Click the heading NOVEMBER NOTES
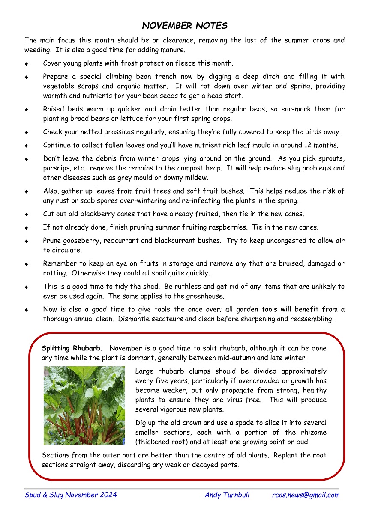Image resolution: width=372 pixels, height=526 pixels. point(185,26)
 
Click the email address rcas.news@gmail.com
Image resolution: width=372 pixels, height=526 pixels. point(306,495)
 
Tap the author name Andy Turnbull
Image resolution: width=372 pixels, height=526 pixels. point(227,495)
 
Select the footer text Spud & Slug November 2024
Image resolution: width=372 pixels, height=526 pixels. point(70,495)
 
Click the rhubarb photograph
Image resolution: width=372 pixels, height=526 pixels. point(84,405)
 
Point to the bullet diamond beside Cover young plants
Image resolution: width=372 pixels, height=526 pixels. point(27,64)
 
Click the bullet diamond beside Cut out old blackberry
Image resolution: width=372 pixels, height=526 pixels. point(27,214)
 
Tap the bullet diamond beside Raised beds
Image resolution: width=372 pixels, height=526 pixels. point(27,109)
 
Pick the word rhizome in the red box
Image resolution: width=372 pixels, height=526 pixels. point(313,432)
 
